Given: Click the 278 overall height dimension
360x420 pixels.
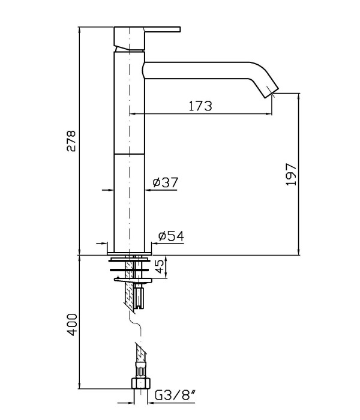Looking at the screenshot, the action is click(x=71, y=141).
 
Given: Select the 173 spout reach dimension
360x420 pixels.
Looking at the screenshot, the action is click(x=200, y=106).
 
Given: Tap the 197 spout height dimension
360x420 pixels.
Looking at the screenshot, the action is click(x=292, y=175).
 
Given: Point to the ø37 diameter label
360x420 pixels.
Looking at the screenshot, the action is click(x=165, y=182).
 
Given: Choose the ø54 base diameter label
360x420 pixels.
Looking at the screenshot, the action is click(x=171, y=236).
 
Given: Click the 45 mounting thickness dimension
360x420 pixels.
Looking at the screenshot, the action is click(x=160, y=266).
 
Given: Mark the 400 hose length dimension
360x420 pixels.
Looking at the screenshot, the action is click(x=72, y=325).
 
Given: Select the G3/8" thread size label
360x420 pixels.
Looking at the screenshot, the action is click(x=175, y=395).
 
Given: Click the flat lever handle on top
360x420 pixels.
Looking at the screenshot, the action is click(x=163, y=29).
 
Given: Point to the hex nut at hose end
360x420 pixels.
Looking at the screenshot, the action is click(x=141, y=383).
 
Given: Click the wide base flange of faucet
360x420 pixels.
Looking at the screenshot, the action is click(x=130, y=253).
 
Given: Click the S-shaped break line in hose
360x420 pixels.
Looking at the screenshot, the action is click(x=135, y=322).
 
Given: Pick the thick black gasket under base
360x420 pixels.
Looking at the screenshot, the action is click(x=129, y=269).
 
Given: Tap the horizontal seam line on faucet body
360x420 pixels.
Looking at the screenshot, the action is click(x=130, y=154).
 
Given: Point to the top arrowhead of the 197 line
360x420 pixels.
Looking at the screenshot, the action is click(x=299, y=97).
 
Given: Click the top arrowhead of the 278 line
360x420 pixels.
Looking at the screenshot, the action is click(x=79, y=30).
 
